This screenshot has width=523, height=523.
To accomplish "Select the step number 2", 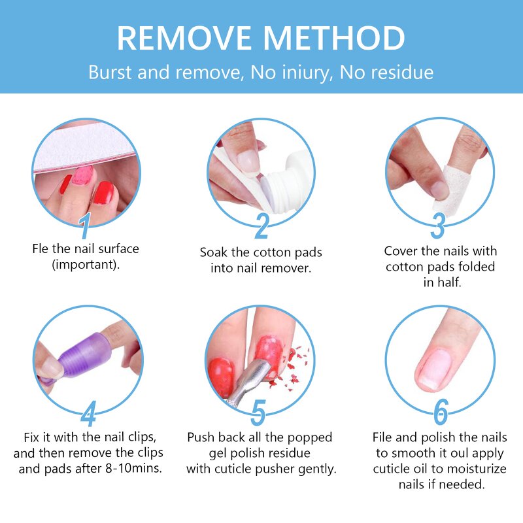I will coord(261,226).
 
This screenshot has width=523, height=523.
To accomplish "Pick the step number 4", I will coord(88,413).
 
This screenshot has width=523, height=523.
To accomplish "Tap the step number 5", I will coord(259,413).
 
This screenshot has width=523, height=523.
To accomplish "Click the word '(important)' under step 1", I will coord(85,264).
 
